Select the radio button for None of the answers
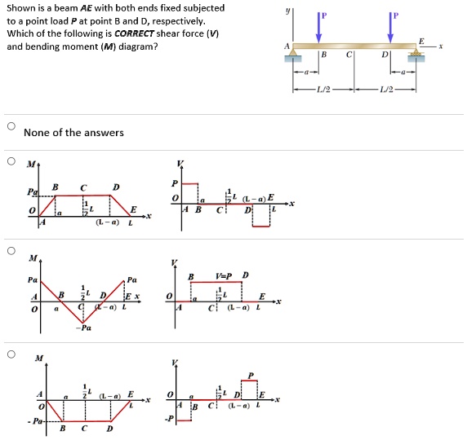point(11,127)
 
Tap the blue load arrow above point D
point(394,27)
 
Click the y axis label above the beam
point(286,11)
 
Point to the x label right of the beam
point(441,46)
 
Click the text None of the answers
point(74,133)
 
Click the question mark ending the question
point(157,46)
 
